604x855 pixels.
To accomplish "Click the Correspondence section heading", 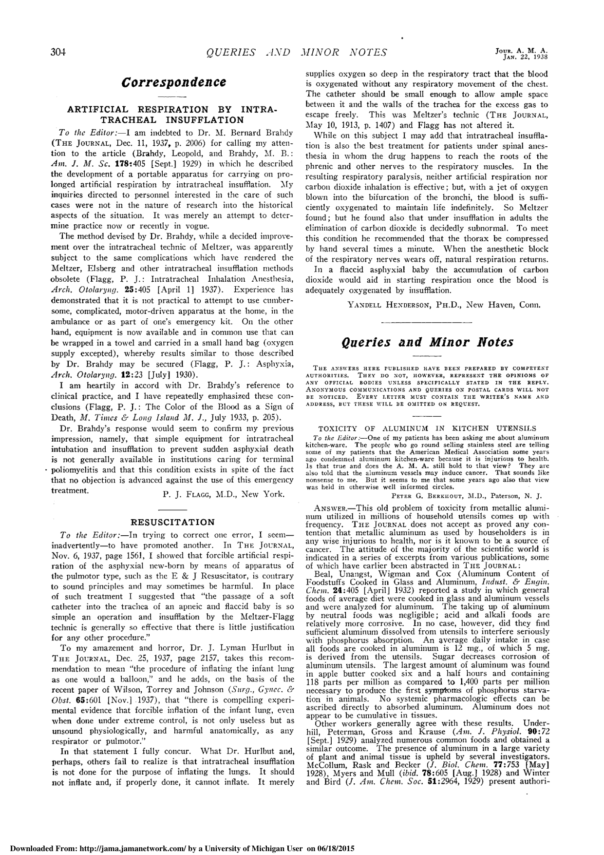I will click(173, 82).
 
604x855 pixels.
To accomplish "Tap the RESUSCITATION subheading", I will click(173, 523).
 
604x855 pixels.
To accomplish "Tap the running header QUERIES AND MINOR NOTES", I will click(297, 53).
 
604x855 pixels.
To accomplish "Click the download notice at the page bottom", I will click(177, 849).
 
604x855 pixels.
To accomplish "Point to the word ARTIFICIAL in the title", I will click(98, 109).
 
